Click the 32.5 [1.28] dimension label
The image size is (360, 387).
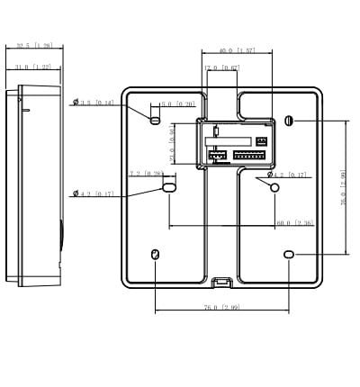(35, 44)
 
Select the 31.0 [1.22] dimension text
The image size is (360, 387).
(34, 67)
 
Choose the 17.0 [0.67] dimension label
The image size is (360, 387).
(222, 67)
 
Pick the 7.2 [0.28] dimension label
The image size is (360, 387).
(146, 174)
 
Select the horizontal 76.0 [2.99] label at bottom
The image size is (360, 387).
(221, 307)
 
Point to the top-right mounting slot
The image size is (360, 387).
(288, 120)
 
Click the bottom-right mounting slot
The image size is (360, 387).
(288, 256)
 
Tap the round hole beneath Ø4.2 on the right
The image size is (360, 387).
(275, 186)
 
